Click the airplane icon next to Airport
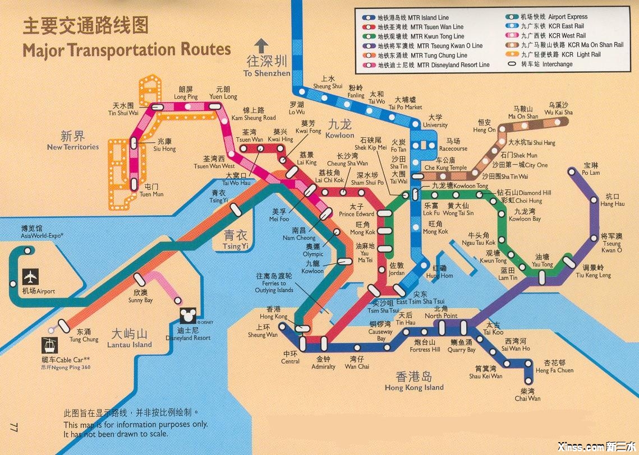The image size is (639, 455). tap(30, 277)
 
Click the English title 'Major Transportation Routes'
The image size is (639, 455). tap(126, 49)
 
